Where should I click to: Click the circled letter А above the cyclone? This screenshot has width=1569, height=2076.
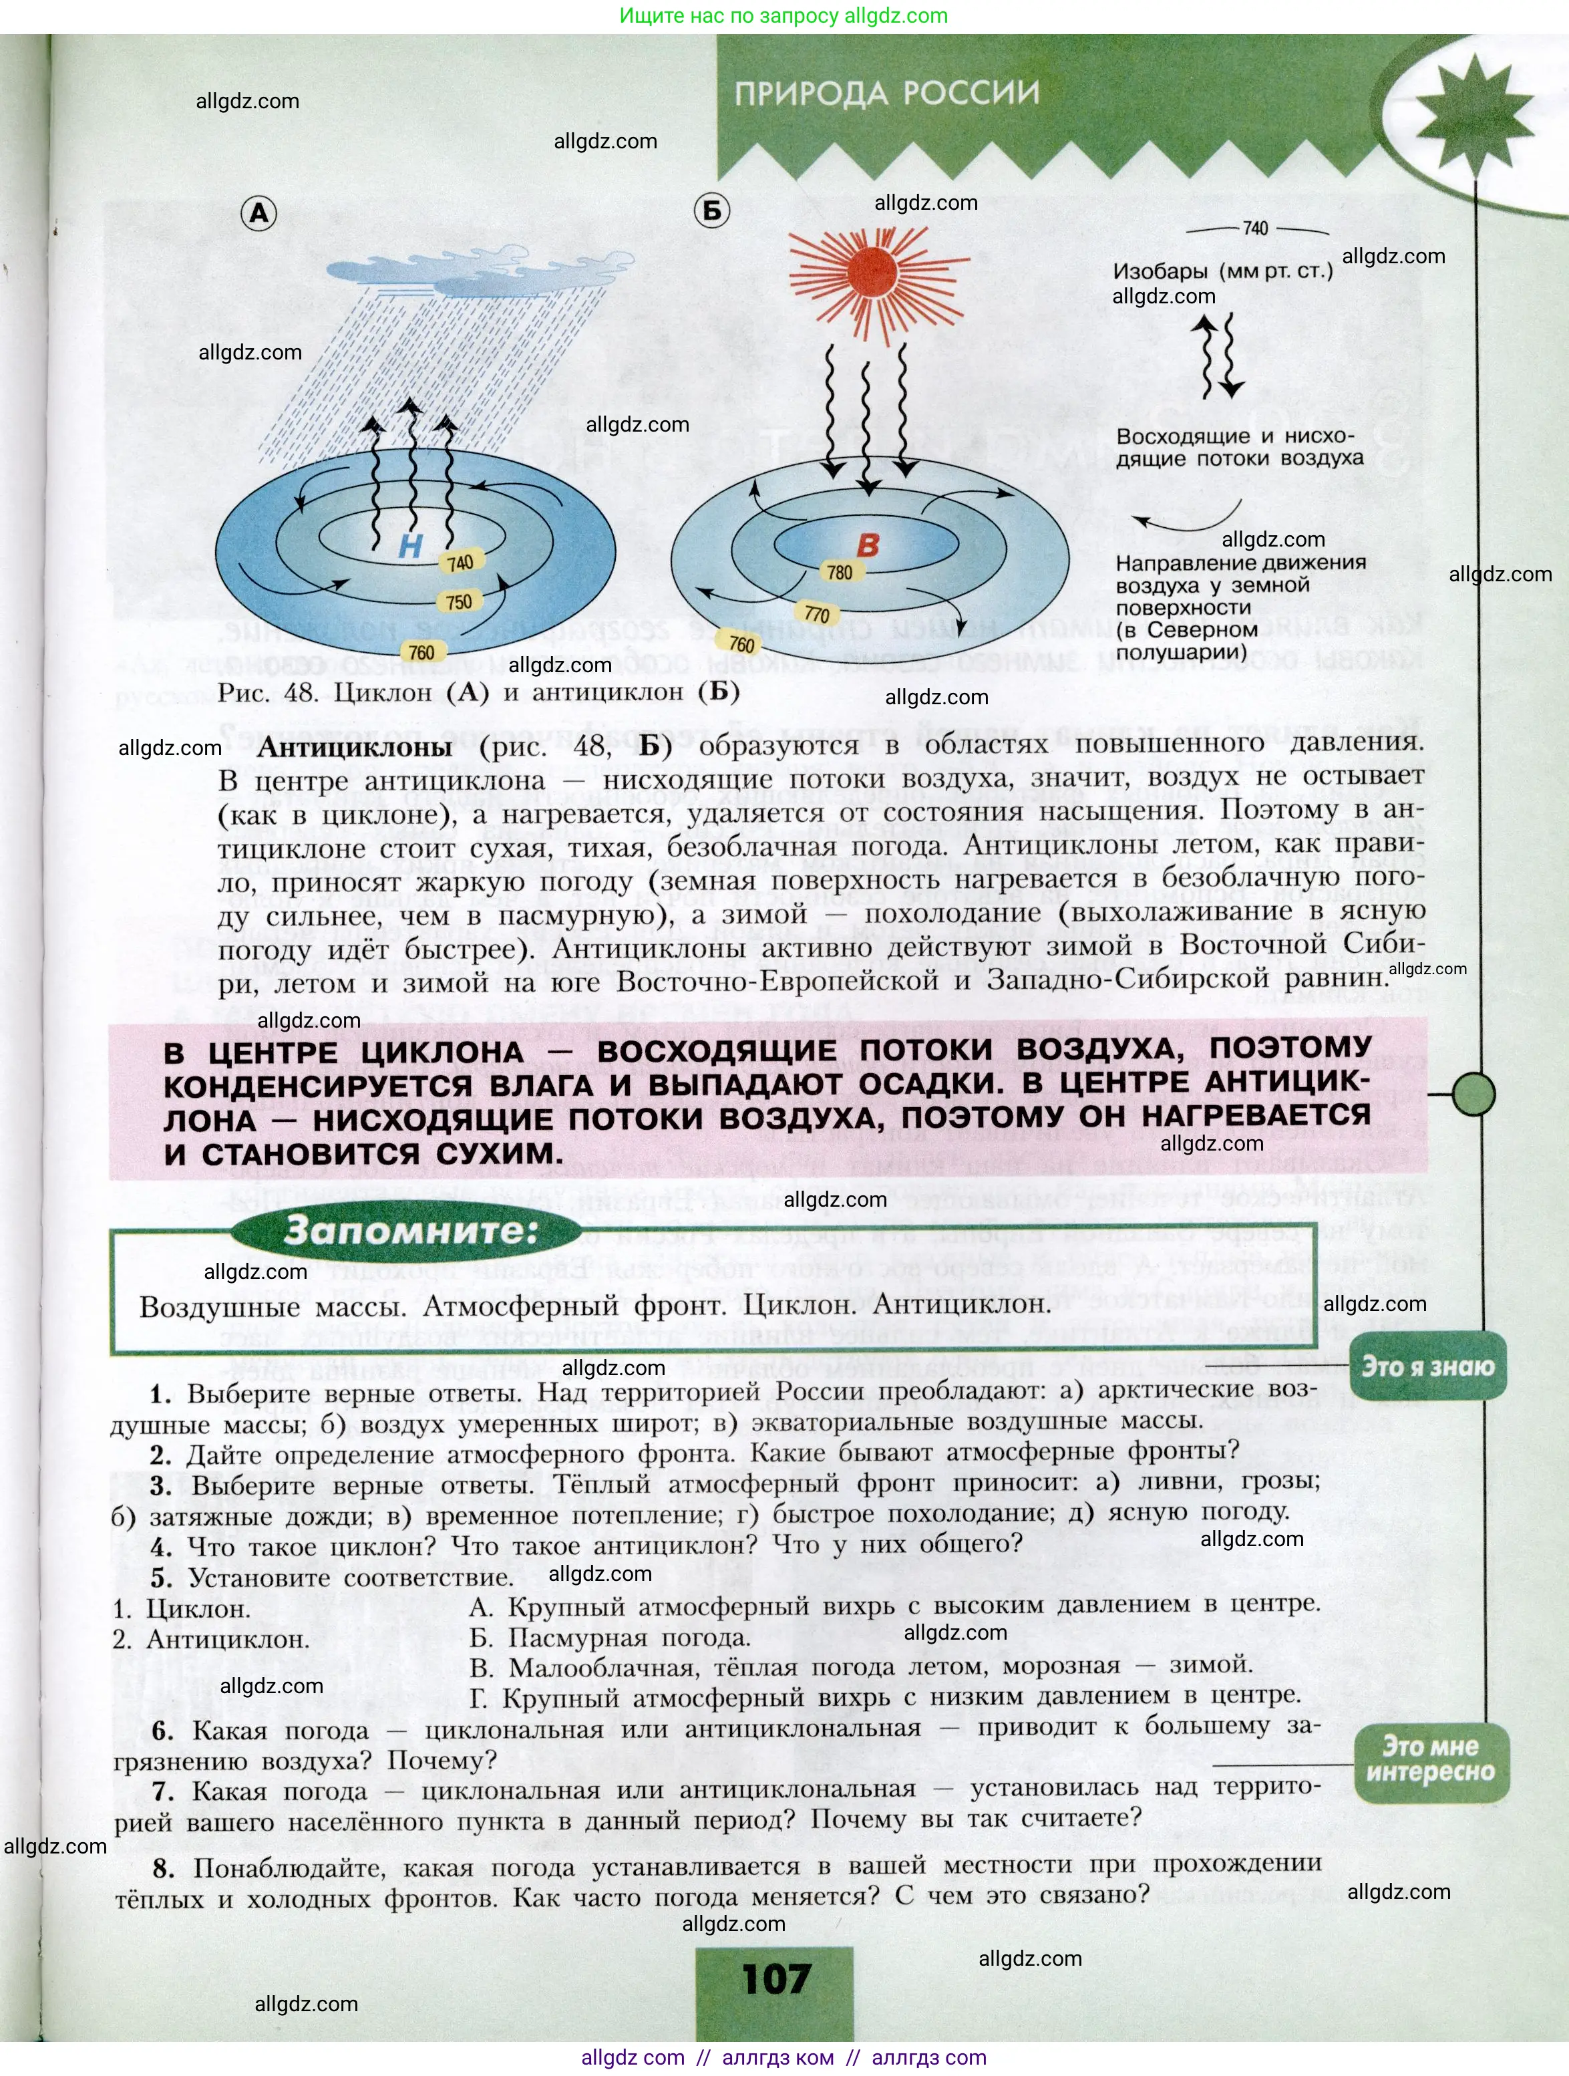[259, 214]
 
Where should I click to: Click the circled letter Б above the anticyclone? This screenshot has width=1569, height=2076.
[712, 210]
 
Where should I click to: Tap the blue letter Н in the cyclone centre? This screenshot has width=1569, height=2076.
[410, 546]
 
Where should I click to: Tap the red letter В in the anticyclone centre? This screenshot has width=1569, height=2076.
[868, 545]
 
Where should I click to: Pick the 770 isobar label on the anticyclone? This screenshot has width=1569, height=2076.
[816, 615]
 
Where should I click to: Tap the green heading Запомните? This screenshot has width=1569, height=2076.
[411, 1230]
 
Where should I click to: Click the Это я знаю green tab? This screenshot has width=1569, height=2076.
[1427, 1366]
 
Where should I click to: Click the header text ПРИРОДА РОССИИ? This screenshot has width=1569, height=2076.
[887, 93]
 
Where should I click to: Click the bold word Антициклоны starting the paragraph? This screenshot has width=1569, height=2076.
[355, 747]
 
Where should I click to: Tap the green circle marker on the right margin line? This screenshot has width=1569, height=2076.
[1473, 1093]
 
